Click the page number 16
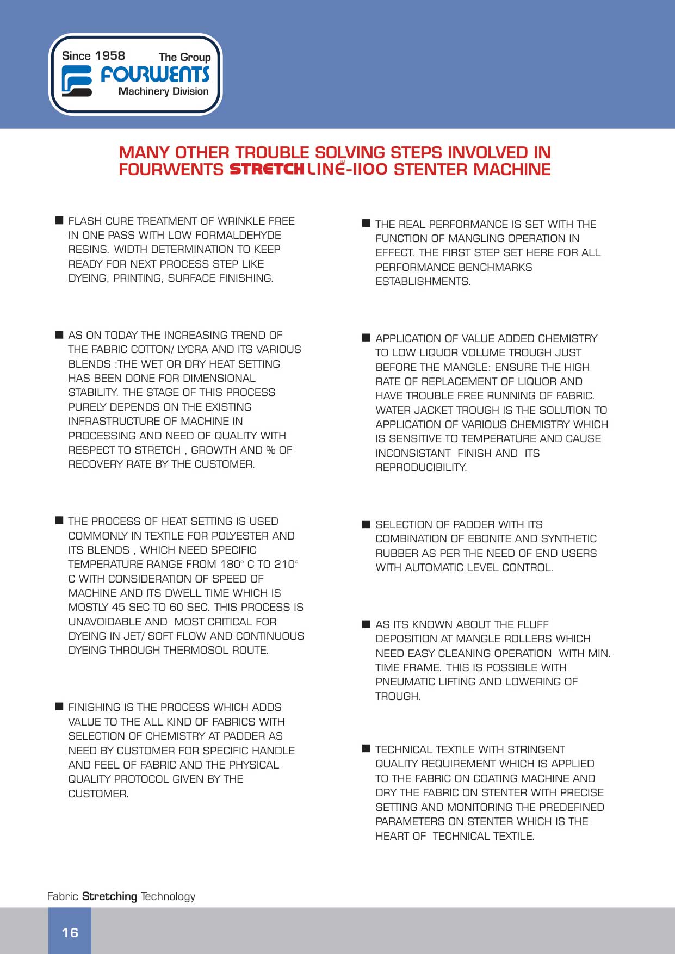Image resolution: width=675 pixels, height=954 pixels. coord(70,932)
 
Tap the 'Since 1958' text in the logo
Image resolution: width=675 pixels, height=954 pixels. coord(93,56)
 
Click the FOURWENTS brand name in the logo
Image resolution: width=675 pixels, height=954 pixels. coord(155,74)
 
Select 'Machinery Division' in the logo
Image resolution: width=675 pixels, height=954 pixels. coord(163,91)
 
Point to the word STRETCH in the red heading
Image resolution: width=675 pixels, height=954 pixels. coord(267,170)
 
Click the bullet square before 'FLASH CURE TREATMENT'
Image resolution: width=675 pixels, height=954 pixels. coord(59,220)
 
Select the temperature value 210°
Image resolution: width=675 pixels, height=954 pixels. coord(286,564)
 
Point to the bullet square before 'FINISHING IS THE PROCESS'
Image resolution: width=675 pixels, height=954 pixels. coord(59,707)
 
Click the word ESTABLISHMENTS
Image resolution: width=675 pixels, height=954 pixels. coord(423,281)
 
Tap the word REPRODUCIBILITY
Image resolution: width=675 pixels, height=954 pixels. coord(421,467)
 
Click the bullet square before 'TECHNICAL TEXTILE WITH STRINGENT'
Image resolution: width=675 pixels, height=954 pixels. coord(366,749)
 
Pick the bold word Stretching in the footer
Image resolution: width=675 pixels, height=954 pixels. coord(109,896)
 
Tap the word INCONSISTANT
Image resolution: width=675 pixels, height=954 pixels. coord(413,453)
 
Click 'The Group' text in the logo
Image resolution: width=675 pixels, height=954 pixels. coord(184,57)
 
